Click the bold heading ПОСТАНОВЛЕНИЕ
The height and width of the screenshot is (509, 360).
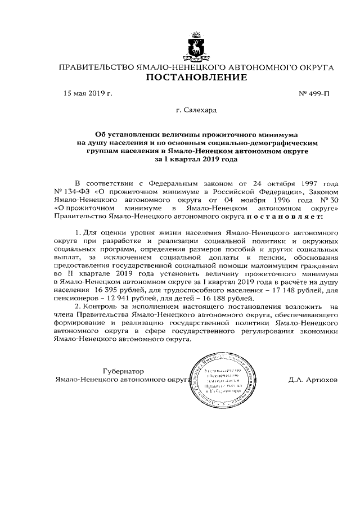coord(196,78)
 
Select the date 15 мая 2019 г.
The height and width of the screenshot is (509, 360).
coord(88,93)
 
